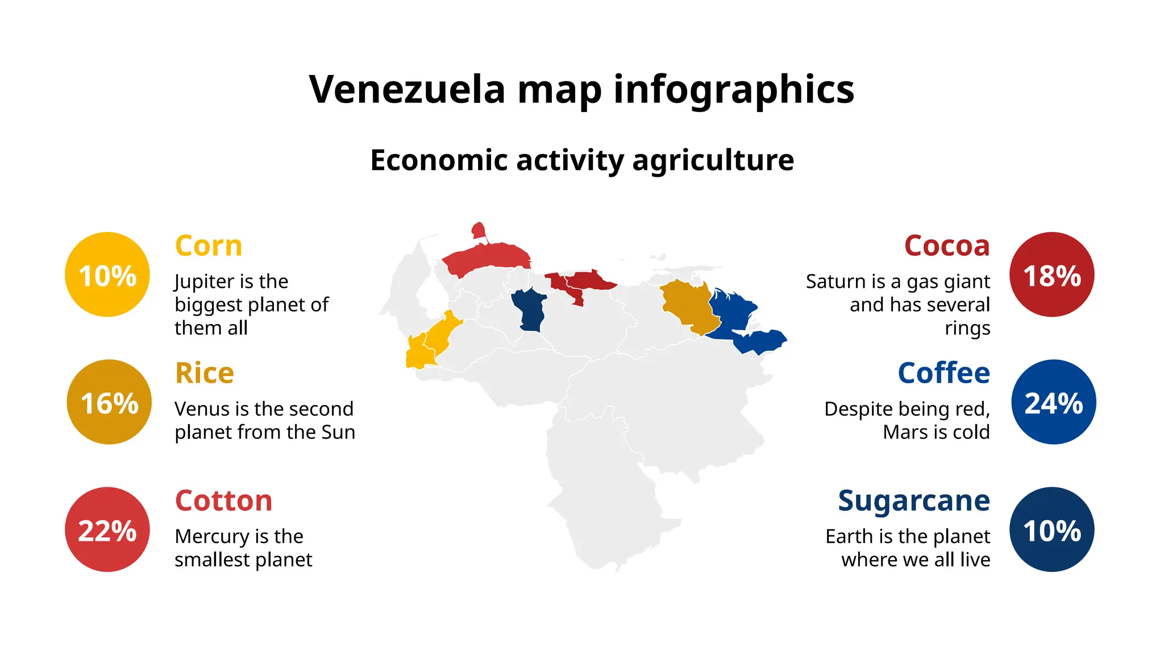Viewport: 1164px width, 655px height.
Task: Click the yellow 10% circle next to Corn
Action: click(107, 275)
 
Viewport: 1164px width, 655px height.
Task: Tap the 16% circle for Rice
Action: click(109, 402)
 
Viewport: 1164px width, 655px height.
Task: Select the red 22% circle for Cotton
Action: click(107, 529)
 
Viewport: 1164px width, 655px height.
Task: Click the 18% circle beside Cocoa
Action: click(1051, 275)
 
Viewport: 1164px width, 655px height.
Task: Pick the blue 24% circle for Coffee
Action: click(1053, 402)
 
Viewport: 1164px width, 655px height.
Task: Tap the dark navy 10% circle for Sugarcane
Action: click(1051, 529)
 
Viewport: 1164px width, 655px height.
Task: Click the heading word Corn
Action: click(209, 246)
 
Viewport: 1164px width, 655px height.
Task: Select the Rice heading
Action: click(204, 373)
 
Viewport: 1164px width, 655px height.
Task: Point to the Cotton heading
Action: click(223, 500)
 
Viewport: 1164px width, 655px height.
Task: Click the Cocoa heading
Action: click(947, 246)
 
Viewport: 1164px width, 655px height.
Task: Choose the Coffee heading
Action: click(943, 373)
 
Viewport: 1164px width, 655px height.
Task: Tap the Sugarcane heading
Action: click(914, 500)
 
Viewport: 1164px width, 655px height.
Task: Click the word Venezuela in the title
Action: click(407, 89)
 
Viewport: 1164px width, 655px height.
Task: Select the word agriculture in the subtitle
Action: click(713, 160)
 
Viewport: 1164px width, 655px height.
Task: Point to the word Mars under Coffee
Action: click(903, 432)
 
